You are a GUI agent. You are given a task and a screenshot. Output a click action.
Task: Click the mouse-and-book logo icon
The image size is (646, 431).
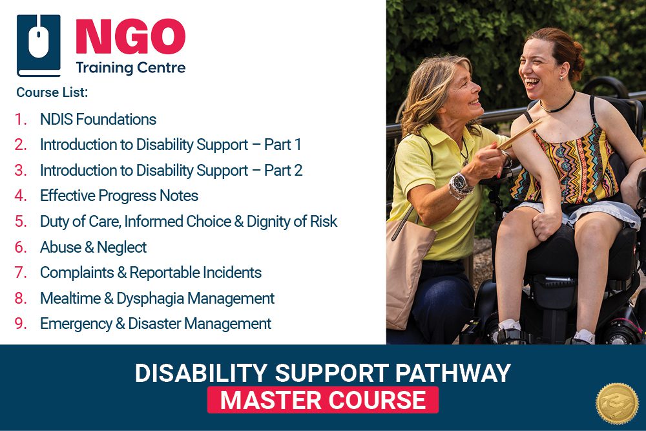[38, 46]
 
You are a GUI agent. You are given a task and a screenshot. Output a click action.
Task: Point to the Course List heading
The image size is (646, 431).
[52, 92]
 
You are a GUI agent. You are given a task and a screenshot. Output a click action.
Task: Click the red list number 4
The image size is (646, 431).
[21, 196]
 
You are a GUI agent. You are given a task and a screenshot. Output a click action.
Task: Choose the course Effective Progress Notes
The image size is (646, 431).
[119, 196]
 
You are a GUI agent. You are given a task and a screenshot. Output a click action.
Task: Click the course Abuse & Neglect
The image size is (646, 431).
[93, 247]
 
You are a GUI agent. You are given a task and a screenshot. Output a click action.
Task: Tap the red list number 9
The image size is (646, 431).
[21, 324]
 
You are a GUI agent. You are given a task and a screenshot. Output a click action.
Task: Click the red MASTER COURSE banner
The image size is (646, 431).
[322, 400]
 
